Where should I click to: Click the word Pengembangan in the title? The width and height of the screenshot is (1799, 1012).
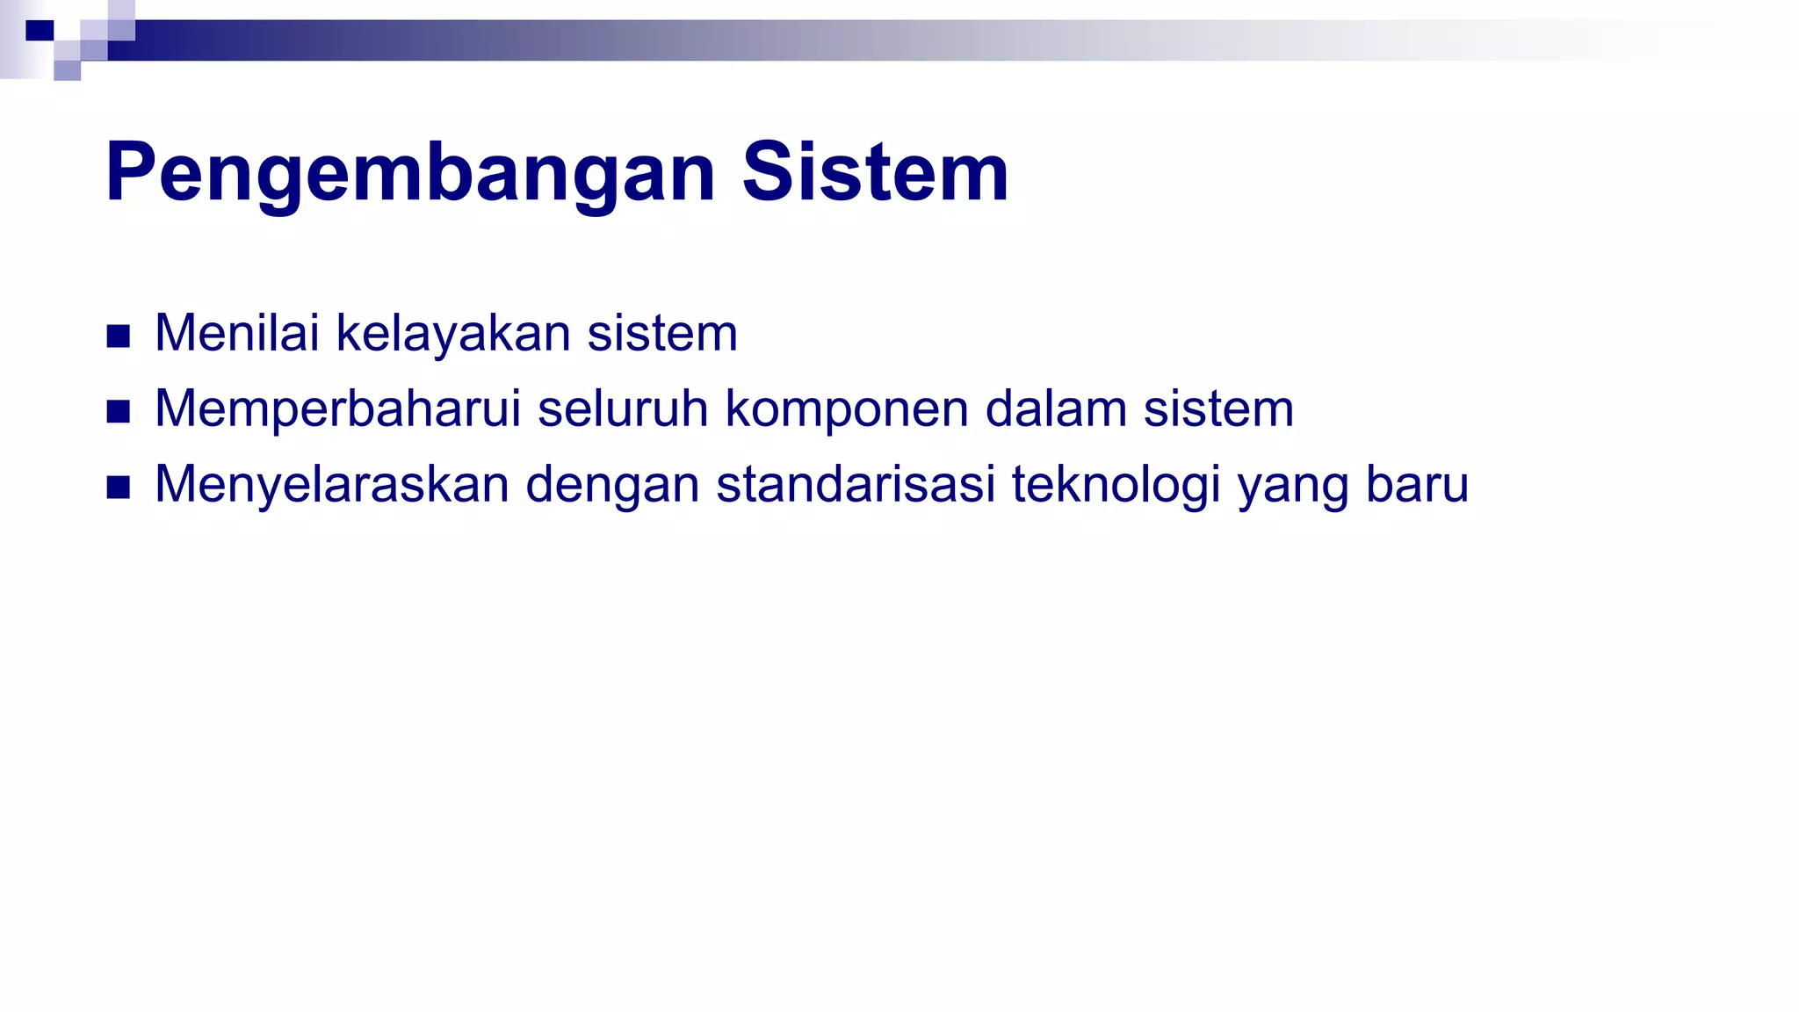[x=410, y=173]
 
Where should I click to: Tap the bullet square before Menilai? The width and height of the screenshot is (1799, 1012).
[x=119, y=336]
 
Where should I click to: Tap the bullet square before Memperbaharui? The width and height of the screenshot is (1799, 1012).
[x=119, y=411]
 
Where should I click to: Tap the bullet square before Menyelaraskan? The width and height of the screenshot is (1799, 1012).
[x=119, y=487]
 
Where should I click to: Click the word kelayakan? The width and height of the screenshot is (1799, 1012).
[x=453, y=334]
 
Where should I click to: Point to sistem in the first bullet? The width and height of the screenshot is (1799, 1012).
[x=662, y=334]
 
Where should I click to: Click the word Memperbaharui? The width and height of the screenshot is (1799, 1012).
[x=338, y=409]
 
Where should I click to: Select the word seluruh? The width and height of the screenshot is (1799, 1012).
[x=623, y=409]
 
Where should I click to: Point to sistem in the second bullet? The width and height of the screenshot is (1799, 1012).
[x=1218, y=409]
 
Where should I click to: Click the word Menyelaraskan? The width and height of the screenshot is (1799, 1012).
[x=332, y=485]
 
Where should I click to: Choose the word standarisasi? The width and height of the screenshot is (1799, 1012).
[x=856, y=485]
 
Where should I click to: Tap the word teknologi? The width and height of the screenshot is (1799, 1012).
[x=1116, y=486]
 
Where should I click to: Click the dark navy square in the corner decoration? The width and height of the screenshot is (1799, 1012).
[x=40, y=31]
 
